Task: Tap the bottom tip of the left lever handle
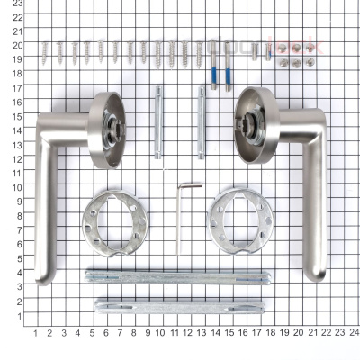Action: pyautogui.click(x=42, y=280)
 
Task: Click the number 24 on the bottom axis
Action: pyautogui.click(x=355, y=332)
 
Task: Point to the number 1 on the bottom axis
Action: pyautogui.click(x=35, y=332)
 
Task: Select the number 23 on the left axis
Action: pyautogui.click(x=17, y=4)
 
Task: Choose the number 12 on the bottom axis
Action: pyautogui.click(x=187, y=332)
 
